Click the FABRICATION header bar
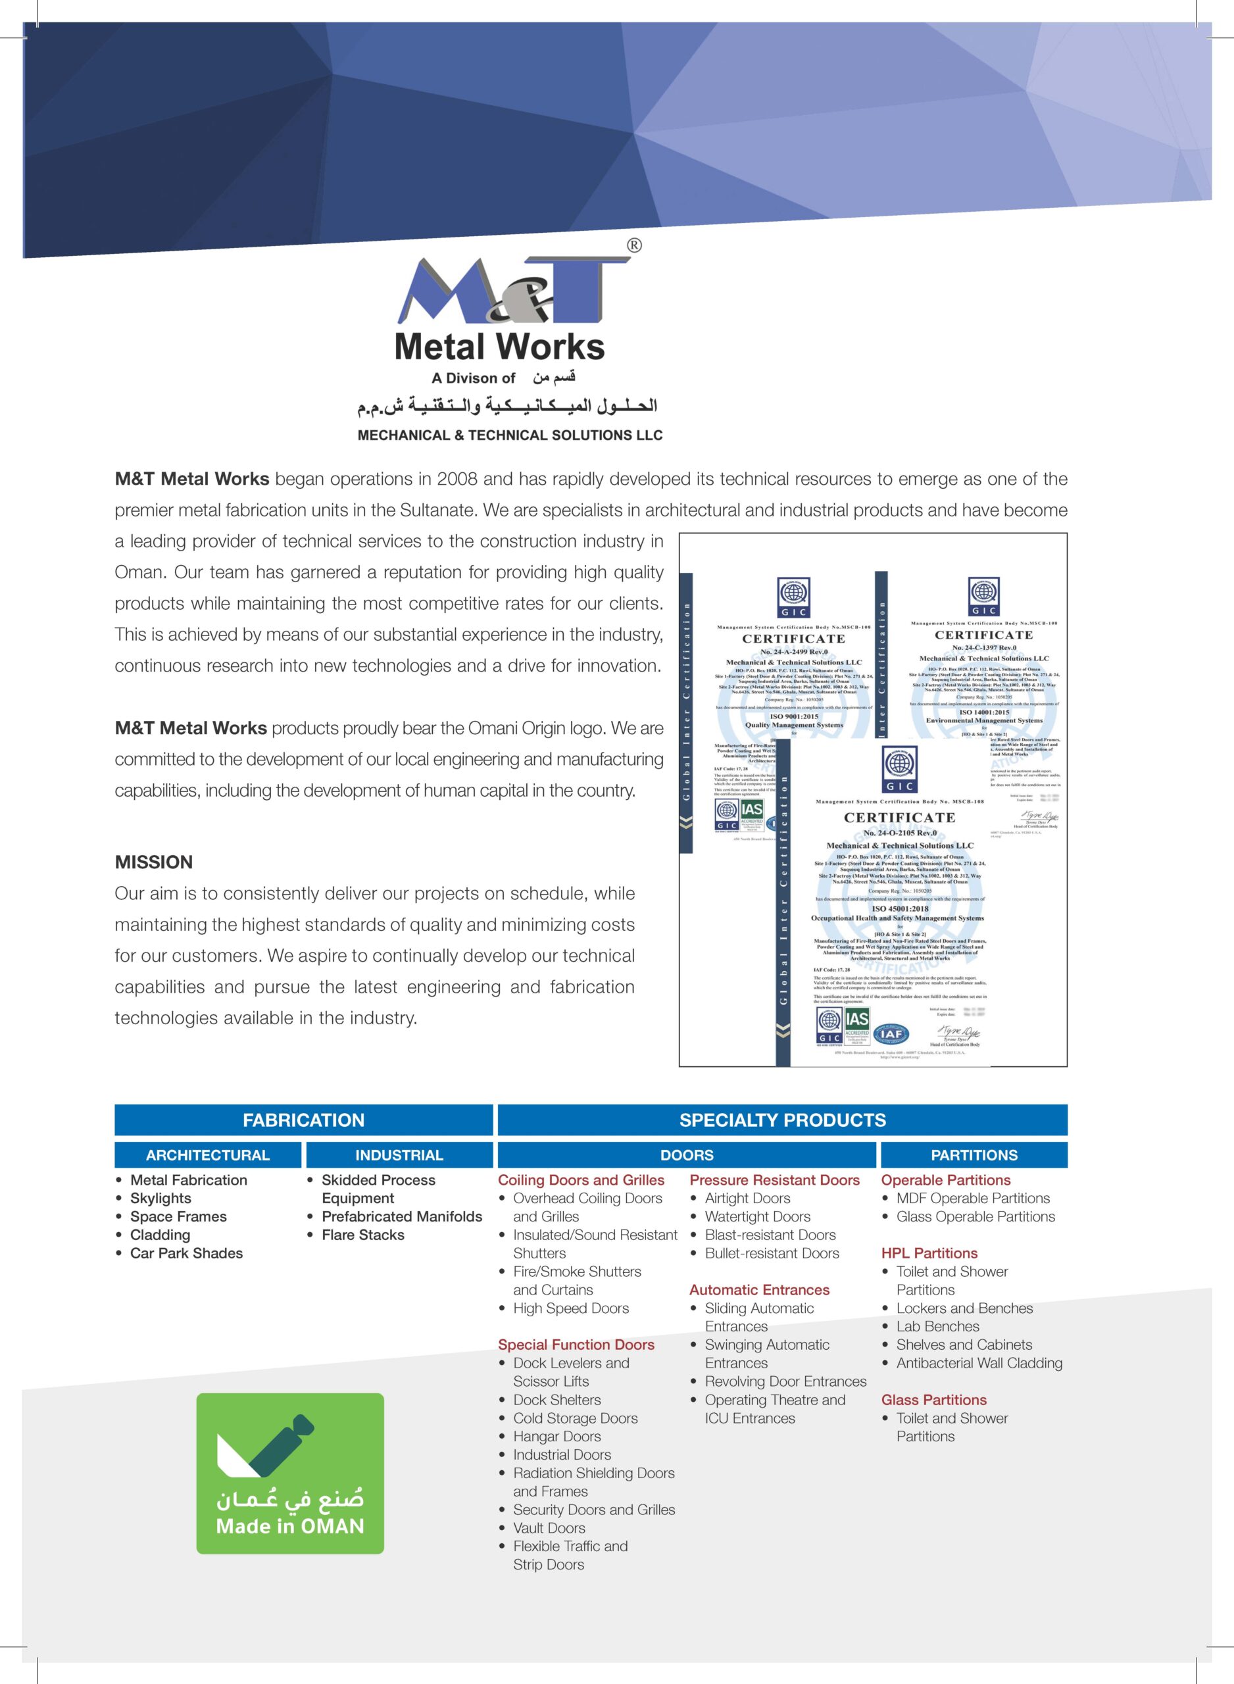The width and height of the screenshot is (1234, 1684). (x=303, y=1120)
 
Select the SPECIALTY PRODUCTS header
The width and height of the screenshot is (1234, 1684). (x=782, y=1120)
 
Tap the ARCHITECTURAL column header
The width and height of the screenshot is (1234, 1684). (x=208, y=1155)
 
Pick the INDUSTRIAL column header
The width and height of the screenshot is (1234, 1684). (x=399, y=1155)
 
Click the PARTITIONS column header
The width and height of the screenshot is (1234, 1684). (x=974, y=1155)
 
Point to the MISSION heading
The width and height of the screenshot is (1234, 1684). (x=154, y=862)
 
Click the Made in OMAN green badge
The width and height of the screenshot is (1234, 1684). (x=290, y=1473)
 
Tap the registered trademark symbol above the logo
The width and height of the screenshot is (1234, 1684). (x=633, y=245)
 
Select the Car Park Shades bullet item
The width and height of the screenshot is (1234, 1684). (x=186, y=1253)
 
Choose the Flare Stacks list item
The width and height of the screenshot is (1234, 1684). (x=362, y=1235)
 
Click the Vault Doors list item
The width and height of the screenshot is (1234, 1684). (x=549, y=1528)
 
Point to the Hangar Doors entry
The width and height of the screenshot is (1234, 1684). (x=556, y=1436)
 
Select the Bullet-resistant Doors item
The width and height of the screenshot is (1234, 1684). (x=772, y=1253)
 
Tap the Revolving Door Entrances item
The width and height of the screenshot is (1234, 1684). (x=785, y=1381)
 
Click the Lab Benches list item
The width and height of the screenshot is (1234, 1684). (x=937, y=1326)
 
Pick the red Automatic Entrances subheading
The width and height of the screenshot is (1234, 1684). (x=759, y=1290)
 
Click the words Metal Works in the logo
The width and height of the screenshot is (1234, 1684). (x=499, y=347)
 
